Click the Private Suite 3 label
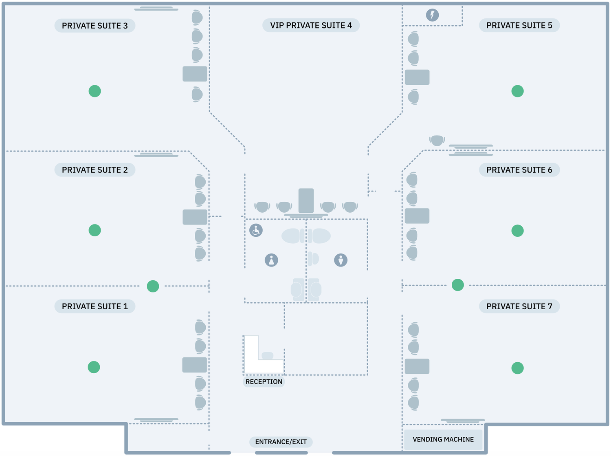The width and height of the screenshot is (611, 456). (x=95, y=26)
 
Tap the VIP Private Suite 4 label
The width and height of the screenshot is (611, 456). (x=311, y=25)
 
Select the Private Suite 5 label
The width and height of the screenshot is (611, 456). (x=519, y=25)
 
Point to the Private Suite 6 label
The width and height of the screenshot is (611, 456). (x=519, y=170)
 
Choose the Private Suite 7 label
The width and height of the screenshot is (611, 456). (x=519, y=306)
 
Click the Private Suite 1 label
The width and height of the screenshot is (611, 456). (x=95, y=306)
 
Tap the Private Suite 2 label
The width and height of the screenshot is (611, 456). (x=95, y=170)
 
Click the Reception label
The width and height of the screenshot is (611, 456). (x=264, y=382)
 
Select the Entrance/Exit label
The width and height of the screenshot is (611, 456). (x=281, y=442)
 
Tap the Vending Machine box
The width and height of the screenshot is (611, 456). (x=443, y=439)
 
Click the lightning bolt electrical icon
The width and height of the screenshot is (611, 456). (x=432, y=15)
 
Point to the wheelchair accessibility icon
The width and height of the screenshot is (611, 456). (x=256, y=230)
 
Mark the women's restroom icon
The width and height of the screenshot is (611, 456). (x=271, y=260)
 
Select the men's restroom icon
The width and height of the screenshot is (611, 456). (x=341, y=260)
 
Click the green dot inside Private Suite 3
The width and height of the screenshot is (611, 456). (x=95, y=91)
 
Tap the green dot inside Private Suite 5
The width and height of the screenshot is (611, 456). (x=517, y=91)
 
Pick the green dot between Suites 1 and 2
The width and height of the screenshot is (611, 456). (x=153, y=286)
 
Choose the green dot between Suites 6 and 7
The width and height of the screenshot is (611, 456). (x=457, y=285)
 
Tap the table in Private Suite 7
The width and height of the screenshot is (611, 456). (x=417, y=366)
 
